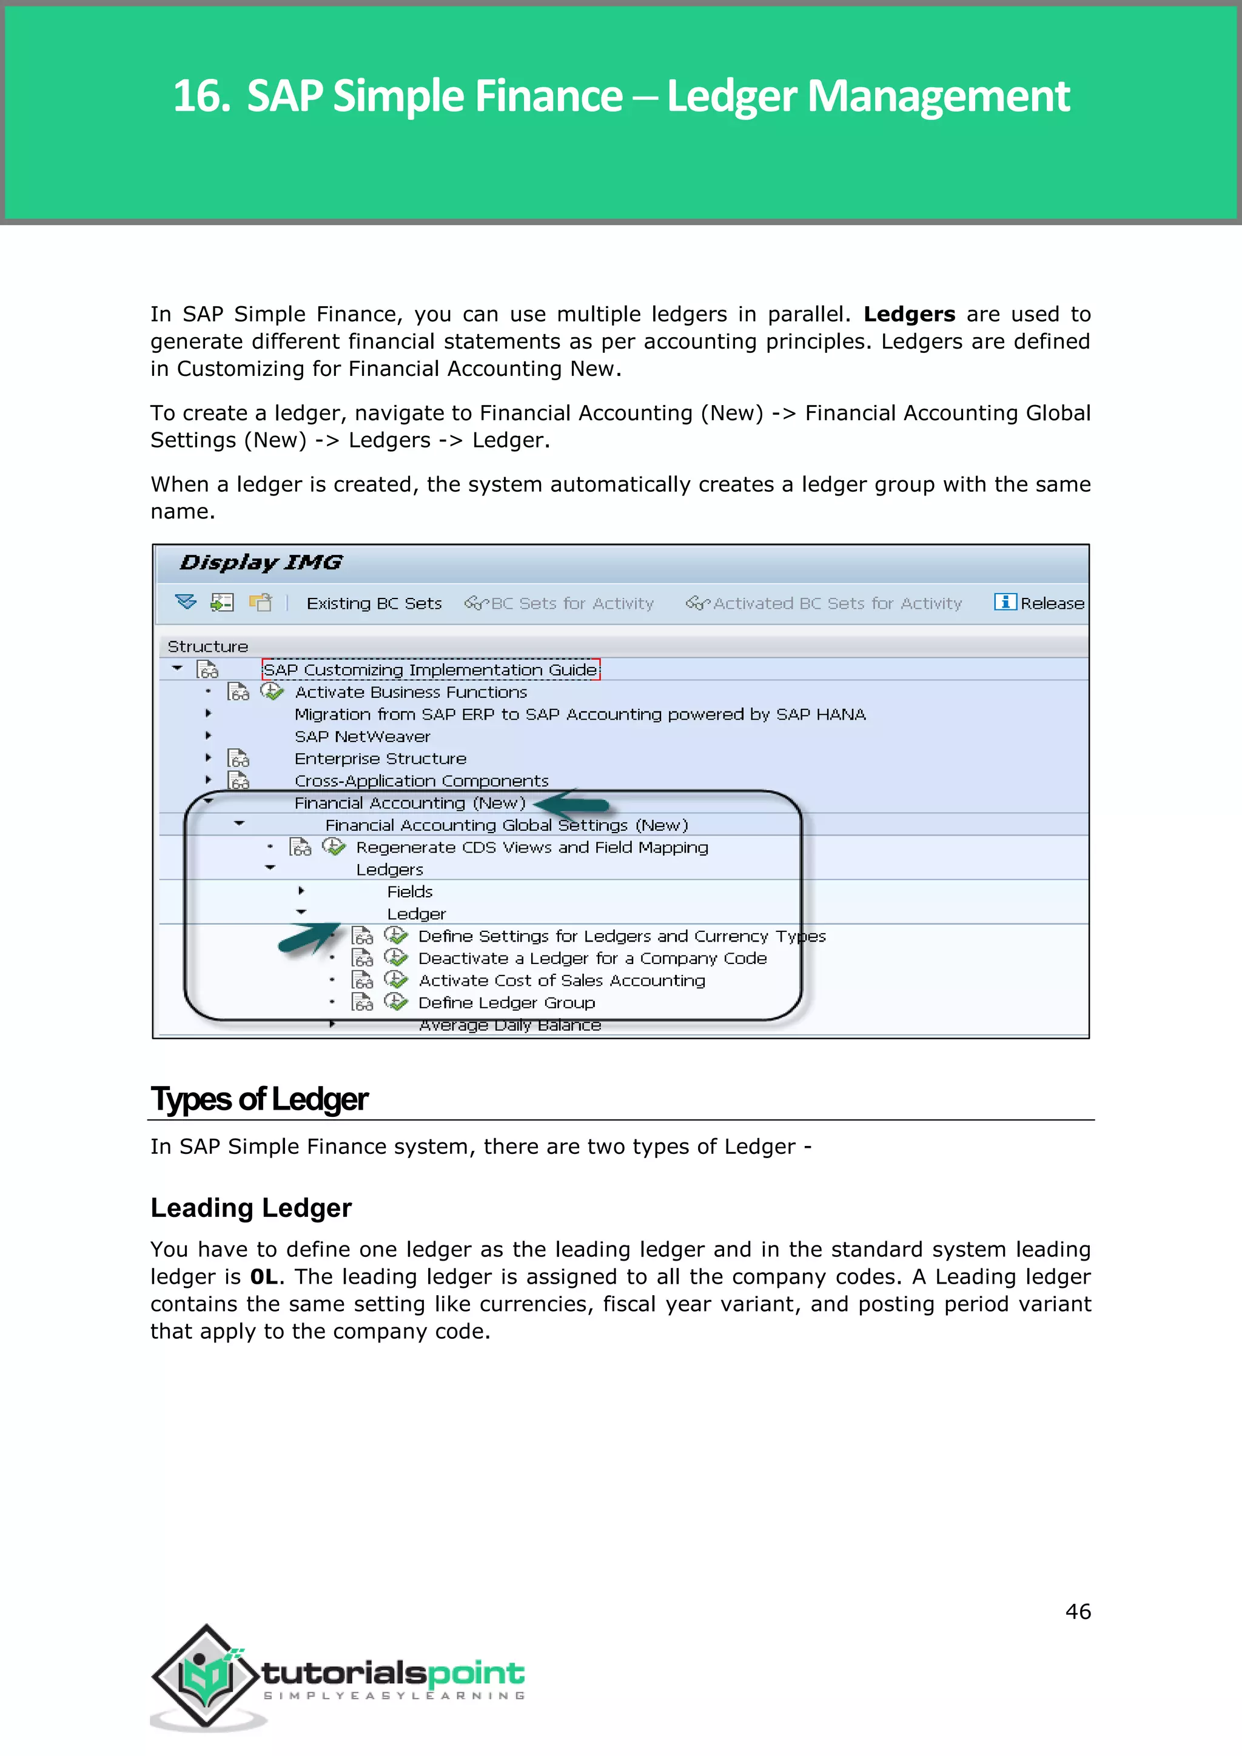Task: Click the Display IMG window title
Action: (x=261, y=563)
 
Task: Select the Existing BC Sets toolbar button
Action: (x=374, y=603)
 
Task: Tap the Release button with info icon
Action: (x=1039, y=603)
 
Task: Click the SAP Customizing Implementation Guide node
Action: (x=431, y=670)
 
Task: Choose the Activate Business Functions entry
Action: (x=411, y=692)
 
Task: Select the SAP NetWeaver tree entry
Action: (x=363, y=737)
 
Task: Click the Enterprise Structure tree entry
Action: (x=380, y=759)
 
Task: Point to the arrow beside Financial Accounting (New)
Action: (x=571, y=804)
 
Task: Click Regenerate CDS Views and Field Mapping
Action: (x=531, y=848)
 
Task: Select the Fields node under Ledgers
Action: (x=409, y=892)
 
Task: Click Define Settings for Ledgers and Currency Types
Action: (x=621, y=936)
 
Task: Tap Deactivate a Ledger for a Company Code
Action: (x=592, y=958)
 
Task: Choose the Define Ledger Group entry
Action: (x=506, y=1003)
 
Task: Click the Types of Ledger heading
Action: (x=260, y=1099)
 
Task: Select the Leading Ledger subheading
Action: (x=251, y=1208)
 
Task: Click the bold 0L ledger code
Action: (x=263, y=1276)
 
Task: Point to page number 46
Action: (x=1078, y=1612)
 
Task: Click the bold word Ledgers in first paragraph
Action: (x=908, y=314)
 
